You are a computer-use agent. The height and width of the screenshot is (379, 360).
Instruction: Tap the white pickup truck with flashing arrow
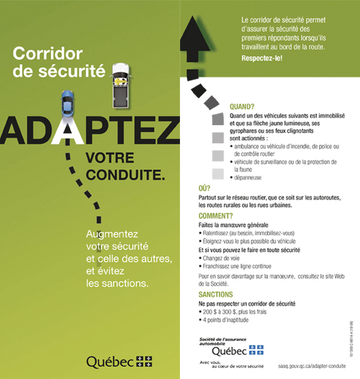coord(120,83)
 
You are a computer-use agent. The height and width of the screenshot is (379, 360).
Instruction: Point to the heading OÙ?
coord(204,188)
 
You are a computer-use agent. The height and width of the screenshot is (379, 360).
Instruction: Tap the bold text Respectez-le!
coord(262,58)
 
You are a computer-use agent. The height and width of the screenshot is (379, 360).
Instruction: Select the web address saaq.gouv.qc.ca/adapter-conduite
coord(311,366)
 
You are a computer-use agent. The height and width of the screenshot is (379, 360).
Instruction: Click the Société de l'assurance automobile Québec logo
coord(231,347)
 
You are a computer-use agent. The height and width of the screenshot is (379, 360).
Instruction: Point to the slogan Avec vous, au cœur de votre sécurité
coord(228,364)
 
